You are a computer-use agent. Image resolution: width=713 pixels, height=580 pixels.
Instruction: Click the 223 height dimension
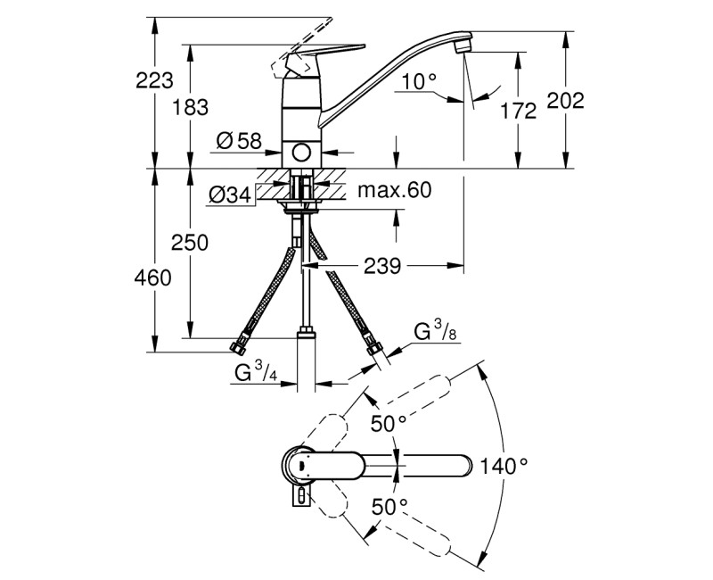(153, 81)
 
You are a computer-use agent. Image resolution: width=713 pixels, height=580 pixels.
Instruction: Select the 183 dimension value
(191, 107)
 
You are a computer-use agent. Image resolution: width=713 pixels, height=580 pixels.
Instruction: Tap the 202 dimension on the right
(565, 101)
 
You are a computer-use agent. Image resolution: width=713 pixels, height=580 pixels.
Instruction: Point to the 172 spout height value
(518, 112)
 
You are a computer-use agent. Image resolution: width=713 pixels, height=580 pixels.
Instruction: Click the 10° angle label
(419, 82)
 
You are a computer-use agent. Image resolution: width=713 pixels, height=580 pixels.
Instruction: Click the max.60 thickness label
(393, 190)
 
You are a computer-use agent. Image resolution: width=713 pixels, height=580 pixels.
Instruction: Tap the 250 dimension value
(191, 243)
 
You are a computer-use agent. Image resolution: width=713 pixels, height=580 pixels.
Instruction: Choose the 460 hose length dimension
(153, 278)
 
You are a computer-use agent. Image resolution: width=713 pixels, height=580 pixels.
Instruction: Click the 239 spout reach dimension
(381, 265)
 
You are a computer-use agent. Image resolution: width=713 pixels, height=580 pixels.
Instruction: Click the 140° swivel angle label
(504, 465)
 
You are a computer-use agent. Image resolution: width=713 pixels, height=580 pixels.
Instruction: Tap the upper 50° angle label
(389, 423)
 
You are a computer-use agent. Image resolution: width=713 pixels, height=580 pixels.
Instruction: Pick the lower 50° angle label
(389, 506)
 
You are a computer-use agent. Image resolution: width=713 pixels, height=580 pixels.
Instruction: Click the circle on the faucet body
(303, 153)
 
